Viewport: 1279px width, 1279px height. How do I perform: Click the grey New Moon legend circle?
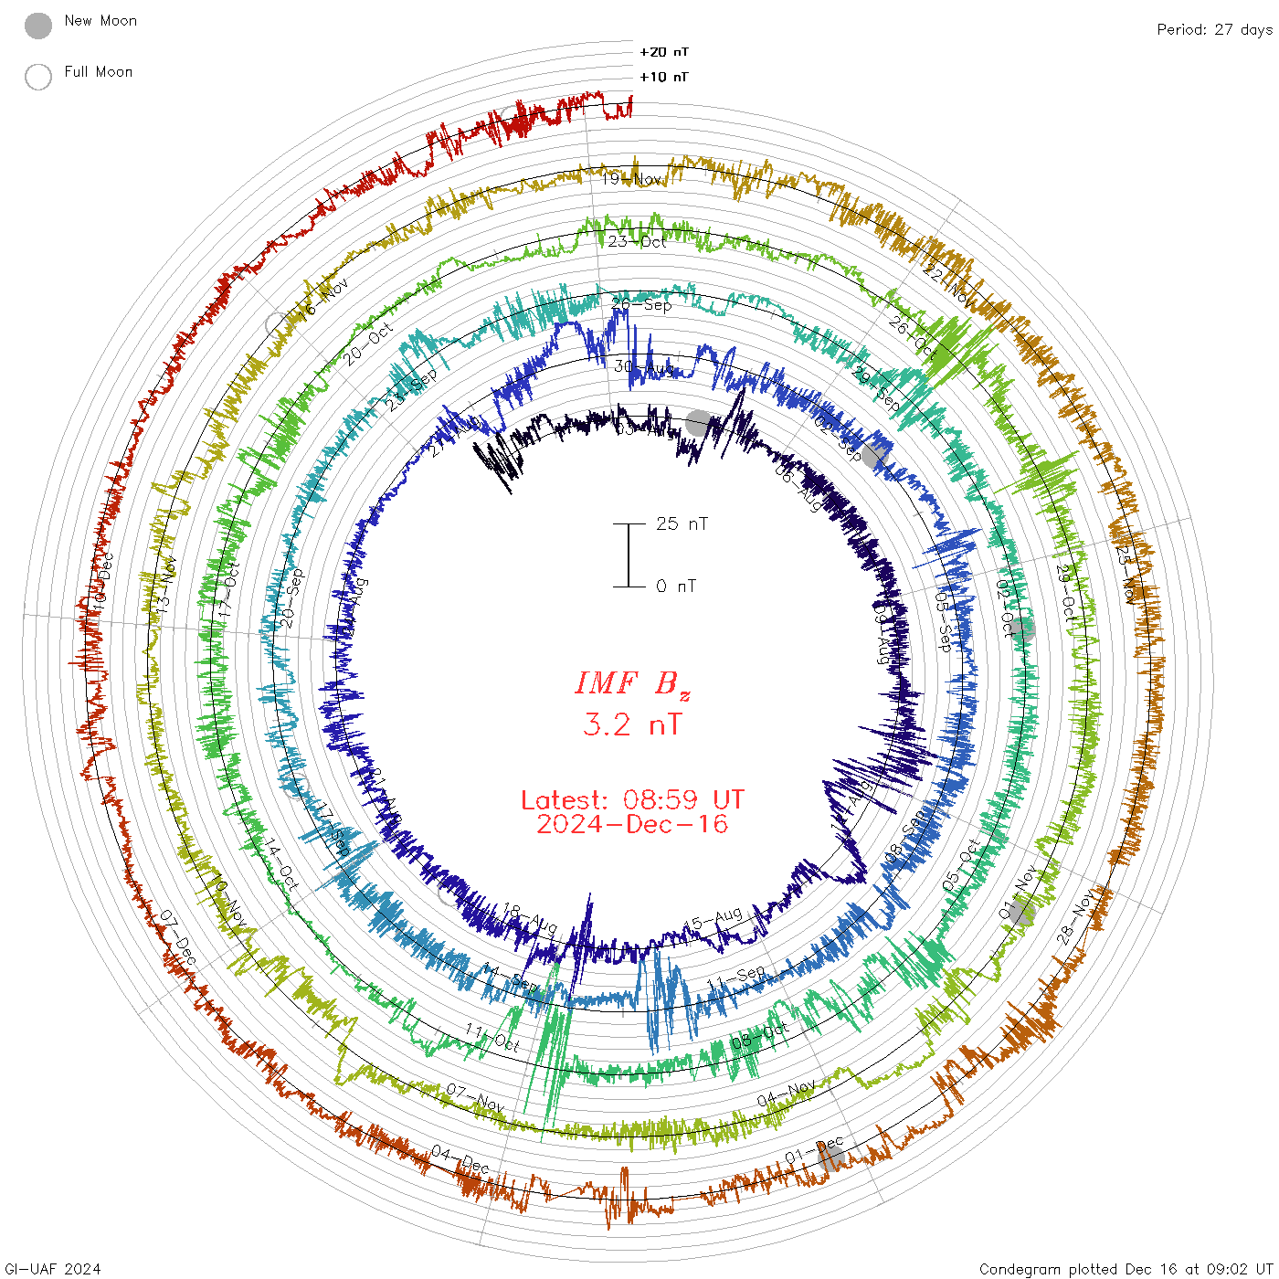point(38,26)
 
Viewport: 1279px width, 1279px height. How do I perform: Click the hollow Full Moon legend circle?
point(38,77)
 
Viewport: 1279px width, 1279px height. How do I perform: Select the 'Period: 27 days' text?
point(1214,29)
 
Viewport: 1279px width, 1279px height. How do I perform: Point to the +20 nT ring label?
point(664,52)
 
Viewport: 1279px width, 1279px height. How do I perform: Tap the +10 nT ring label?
point(664,77)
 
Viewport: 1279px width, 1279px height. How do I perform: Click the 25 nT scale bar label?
point(682,523)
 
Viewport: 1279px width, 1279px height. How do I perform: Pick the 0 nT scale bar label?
point(676,586)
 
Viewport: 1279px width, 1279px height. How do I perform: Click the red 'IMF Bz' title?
point(632,683)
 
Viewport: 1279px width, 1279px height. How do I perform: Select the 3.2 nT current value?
point(632,724)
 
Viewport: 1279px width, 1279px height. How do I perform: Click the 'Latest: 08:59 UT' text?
point(632,800)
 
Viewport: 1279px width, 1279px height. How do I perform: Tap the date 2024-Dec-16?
point(632,824)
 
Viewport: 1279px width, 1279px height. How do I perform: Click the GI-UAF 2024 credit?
point(53,1268)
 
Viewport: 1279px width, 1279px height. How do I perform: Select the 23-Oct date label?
point(637,241)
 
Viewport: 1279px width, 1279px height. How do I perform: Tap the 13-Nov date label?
point(164,585)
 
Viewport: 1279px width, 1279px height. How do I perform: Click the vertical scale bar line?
point(629,555)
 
